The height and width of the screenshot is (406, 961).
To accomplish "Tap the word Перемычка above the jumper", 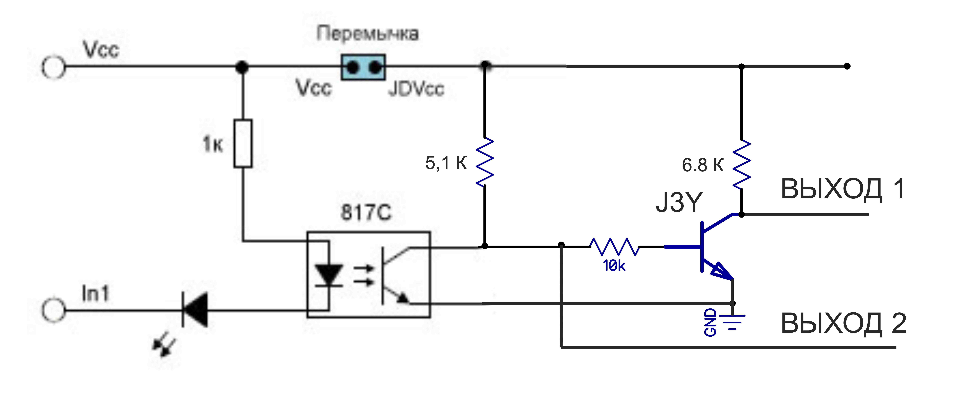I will pos(367,34).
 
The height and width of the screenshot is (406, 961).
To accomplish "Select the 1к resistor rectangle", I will pos(243,144).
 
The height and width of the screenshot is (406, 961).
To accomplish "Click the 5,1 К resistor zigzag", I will pos(485,162).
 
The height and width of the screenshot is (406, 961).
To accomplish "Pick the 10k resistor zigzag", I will pos(614,246).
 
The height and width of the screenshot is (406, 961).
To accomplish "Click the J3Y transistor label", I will pos(679,202).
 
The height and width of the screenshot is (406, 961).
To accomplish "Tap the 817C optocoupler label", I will pos(366,213).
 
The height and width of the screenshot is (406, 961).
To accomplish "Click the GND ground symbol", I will pos(732,321).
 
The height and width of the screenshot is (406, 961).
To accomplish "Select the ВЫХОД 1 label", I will pos(842,189).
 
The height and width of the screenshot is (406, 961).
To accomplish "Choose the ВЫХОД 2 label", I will pos(843,323).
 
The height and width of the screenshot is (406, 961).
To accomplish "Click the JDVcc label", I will pos(416,89).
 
